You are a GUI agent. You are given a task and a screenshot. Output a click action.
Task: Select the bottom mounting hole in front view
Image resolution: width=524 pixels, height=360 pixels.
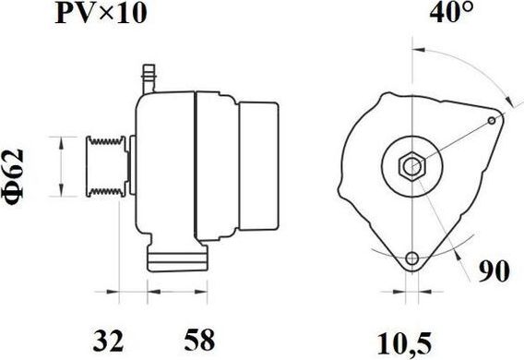point(411,258)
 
